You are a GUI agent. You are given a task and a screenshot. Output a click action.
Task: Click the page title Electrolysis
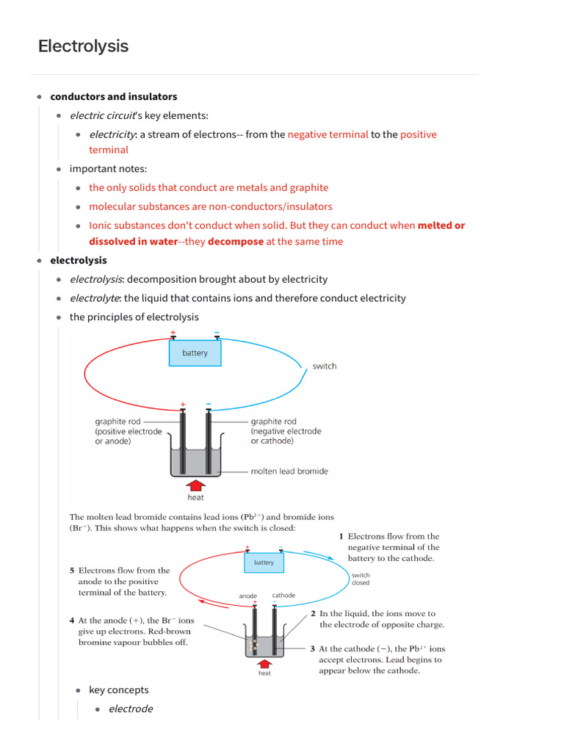pos(83,46)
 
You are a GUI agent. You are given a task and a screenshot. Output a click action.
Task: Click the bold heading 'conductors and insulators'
pos(113,96)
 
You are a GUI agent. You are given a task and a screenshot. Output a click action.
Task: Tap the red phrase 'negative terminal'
pos(328,134)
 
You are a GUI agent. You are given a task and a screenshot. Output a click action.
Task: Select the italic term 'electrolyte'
pos(95,298)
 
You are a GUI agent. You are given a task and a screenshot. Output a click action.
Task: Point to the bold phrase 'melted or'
pos(441,225)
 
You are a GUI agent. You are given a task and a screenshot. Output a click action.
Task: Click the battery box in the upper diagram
pos(195,353)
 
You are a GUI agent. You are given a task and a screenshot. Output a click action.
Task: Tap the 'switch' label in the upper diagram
pos(324,366)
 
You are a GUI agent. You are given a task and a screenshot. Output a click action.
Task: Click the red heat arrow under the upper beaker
pos(195,484)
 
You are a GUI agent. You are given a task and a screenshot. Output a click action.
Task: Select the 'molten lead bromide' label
pos(289,471)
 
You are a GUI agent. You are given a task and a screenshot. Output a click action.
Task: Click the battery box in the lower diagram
pos(264,563)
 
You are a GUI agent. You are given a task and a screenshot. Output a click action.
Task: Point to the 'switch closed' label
pos(361,579)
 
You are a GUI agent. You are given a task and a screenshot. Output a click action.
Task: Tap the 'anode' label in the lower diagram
pos(248,596)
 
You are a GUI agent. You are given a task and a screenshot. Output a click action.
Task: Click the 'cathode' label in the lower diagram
pos(283,596)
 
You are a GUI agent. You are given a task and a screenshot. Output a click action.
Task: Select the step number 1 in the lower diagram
pos(341,537)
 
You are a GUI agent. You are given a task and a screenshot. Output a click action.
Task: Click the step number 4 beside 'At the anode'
pos(72,621)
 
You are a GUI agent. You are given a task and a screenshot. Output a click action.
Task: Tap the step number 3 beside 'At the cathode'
pos(313,648)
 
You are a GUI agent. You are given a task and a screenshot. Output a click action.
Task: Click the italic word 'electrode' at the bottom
pos(131,709)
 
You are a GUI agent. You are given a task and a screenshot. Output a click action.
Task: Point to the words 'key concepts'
pos(118,690)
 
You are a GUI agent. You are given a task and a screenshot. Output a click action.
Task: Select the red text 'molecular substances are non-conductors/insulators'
pos(210,206)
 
